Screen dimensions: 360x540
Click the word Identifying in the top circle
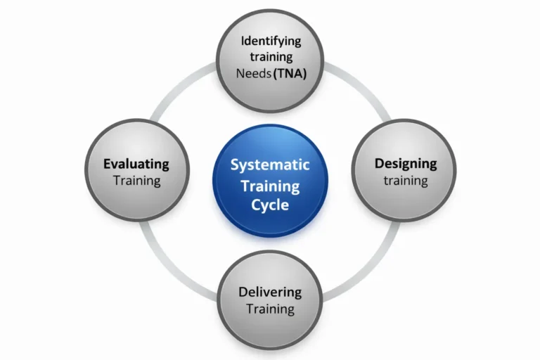pos(271,40)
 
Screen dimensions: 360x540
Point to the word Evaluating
pos(136,164)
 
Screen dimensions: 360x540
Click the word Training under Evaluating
pos(136,181)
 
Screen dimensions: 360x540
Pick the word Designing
pos(405,164)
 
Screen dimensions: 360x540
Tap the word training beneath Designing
pos(405,181)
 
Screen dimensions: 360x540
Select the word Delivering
pos(270,292)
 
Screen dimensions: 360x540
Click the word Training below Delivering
pos(270,309)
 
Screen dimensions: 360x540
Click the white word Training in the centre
pos(270,186)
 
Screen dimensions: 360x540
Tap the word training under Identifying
pos(270,57)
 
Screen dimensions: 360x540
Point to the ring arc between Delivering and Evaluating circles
pos(180,268)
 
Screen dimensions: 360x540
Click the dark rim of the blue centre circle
pos(270,127)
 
